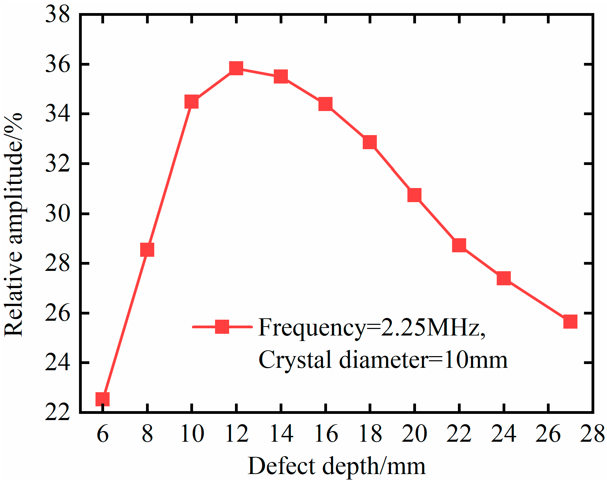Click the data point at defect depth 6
pos(102,399)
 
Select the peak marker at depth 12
pos(236,68)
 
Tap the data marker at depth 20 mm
pos(414,195)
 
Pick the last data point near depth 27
pos(570,322)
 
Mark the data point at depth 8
pos(147,250)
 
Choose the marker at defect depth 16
pos(325,103)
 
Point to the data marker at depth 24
pos(504,278)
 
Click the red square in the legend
pos(222,327)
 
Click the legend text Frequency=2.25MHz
pos(372,327)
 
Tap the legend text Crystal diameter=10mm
pos(383,360)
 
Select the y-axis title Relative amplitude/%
pos(14,225)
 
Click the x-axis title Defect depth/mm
pos(336,466)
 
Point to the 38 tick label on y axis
pos(57,15)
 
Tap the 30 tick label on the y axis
pos(57,214)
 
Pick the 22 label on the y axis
pos(57,412)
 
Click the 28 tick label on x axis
pos(592,434)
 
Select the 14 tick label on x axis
pos(281,434)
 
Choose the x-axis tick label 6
pos(102,434)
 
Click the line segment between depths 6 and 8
pos(125,324)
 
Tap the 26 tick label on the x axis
pos(548,434)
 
